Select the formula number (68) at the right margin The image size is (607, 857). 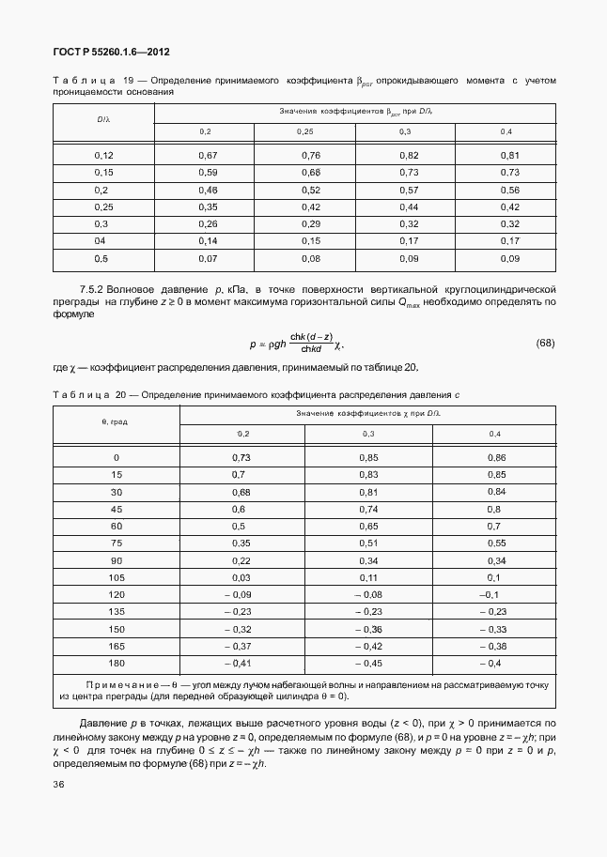point(545,344)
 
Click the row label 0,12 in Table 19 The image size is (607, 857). point(103,155)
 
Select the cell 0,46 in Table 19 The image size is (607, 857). point(208,190)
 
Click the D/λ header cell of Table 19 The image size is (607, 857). point(103,120)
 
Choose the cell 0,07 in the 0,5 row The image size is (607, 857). point(208,258)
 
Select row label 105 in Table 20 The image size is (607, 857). point(117,577)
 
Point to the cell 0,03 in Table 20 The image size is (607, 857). point(242,577)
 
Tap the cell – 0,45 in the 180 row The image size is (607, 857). point(368,665)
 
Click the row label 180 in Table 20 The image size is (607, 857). point(117,665)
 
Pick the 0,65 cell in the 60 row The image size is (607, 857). point(368,526)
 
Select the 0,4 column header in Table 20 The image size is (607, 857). point(495,433)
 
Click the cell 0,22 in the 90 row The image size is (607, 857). point(242,560)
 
